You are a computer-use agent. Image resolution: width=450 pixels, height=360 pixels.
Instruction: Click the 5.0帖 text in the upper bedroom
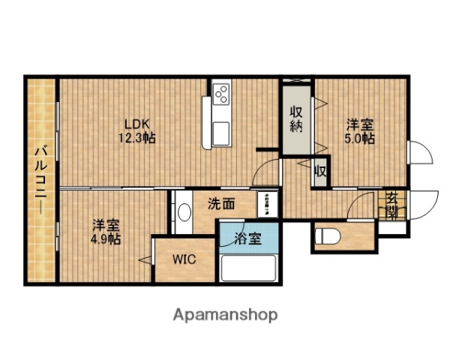coord(359,139)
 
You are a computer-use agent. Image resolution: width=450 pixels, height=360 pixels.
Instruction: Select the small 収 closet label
coord(320,171)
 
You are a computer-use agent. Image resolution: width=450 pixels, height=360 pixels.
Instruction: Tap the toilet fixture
coord(330,236)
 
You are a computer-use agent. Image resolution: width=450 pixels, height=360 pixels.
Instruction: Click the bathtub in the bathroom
coord(250,268)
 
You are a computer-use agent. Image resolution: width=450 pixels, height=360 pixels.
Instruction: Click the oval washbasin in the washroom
coord(184,211)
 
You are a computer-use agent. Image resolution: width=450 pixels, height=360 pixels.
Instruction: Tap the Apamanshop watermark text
coord(226,315)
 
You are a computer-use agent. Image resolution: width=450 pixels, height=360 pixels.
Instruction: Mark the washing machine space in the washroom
coord(268,204)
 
